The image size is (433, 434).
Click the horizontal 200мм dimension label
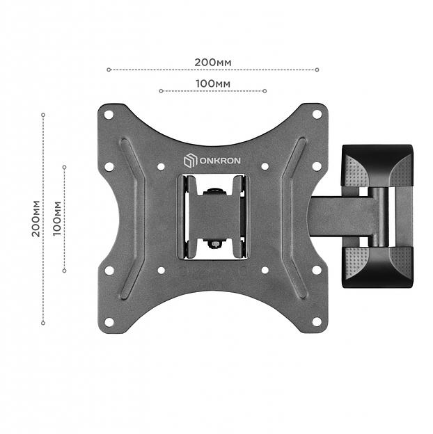(212, 62)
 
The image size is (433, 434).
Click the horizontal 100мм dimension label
(212, 83)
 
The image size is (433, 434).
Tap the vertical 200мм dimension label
(35, 219)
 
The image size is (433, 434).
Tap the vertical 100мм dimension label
(57, 219)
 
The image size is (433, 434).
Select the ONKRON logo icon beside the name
(189, 161)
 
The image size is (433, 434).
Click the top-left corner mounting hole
(109, 114)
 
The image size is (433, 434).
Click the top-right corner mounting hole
(316, 114)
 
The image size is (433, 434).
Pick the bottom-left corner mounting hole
(109, 321)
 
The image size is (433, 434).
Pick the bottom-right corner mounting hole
(316, 321)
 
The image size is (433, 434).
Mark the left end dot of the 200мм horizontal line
(109, 70)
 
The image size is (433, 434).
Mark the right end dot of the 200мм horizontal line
(317, 70)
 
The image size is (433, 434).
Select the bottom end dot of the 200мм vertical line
(43, 323)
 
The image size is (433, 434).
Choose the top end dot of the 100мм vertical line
(64, 167)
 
